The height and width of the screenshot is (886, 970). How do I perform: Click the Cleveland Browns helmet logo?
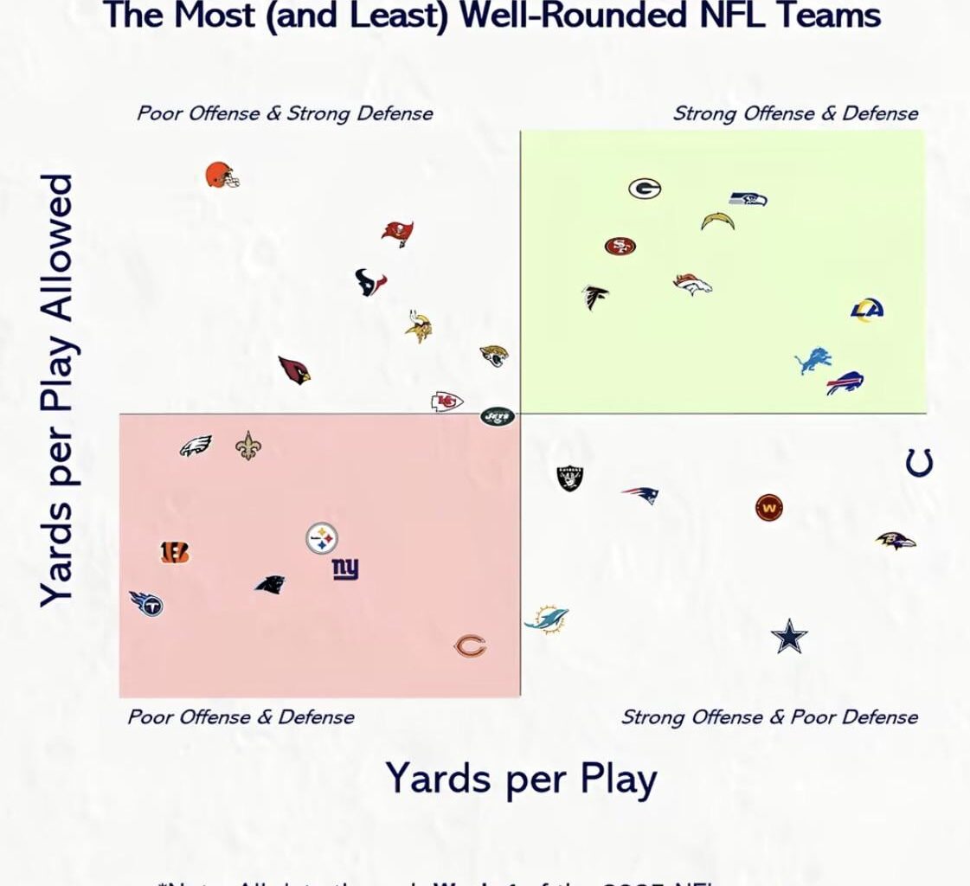pos(222,176)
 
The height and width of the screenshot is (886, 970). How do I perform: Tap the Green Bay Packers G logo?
pos(645,189)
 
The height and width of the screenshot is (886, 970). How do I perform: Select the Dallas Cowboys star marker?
pos(789,637)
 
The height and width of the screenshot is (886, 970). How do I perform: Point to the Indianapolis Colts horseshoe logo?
pos(919,462)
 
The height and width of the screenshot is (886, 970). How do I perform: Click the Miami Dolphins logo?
pos(547,620)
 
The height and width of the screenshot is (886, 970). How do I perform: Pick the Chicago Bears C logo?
pos(471,646)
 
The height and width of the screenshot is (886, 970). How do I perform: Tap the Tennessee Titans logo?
pos(146,602)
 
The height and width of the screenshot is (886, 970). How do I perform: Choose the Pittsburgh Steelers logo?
pos(322,538)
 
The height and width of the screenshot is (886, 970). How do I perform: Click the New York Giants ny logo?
pos(345,568)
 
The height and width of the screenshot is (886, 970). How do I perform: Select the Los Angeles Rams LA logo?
pos(866,310)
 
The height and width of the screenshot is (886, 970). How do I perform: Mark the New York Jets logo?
pos(498,416)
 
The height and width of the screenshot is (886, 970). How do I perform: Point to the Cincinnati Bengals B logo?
pos(174,552)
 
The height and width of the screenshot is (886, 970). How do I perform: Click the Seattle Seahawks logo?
pos(748,199)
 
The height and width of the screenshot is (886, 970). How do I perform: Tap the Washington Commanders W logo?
pos(768,508)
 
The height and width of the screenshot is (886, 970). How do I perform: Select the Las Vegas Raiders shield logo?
pos(570,478)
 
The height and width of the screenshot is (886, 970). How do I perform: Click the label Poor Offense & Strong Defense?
pos(285,113)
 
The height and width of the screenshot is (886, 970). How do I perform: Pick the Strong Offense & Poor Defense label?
pos(769,717)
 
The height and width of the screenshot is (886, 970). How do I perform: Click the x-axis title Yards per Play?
pos(521,778)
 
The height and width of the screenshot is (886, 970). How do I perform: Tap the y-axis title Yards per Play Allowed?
pos(58,390)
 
